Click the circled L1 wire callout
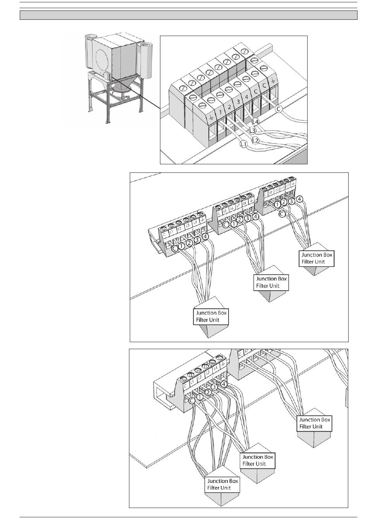tap(243, 145)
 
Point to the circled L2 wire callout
tap(255, 140)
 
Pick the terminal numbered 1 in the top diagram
tap(220, 112)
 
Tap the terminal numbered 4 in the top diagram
tap(247, 97)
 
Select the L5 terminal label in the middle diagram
tap(225, 212)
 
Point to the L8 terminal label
tap(245, 204)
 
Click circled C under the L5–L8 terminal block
tap(225, 224)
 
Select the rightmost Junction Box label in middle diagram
tap(316, 258)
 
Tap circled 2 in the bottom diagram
tap(208, 393)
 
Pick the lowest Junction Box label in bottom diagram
tap(222, 484)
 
